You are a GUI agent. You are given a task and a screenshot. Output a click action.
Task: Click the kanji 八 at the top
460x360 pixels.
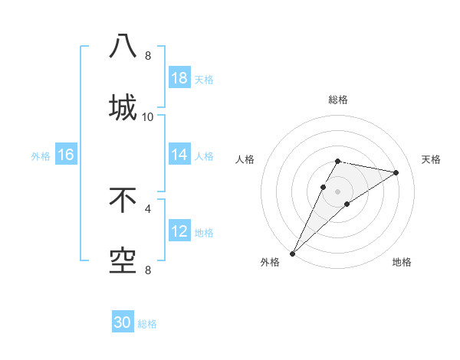(123, 46)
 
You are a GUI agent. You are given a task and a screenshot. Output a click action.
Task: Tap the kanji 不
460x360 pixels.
(123, 200)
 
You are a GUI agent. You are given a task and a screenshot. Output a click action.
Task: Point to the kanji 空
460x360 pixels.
(123, 260)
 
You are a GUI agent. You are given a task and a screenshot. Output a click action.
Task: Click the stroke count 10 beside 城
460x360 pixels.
(148, 117)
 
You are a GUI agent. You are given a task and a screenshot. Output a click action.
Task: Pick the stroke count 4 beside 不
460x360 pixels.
(148, 208)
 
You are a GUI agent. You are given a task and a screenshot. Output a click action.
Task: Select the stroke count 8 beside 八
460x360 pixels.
(148, 56)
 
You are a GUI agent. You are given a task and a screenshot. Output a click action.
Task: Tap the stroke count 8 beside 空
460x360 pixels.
(148, 270)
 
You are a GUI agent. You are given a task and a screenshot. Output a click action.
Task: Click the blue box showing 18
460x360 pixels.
(179, 78)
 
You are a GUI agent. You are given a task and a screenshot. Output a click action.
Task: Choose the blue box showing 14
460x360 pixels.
(179, 155)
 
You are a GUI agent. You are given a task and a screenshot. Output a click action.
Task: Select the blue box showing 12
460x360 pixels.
(179, 231)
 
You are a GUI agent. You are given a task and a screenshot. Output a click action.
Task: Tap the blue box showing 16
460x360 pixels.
(66, 155)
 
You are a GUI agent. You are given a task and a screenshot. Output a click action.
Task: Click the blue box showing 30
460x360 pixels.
(123, 323)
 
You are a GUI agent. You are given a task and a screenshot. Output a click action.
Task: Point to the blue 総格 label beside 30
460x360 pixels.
(147, 324)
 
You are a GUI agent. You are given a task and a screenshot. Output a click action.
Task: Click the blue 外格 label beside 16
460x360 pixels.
(41, 155)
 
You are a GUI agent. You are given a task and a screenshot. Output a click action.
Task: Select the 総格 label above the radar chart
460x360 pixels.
(338, 100)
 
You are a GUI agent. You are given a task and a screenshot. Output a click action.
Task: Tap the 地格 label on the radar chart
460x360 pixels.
(402, 263)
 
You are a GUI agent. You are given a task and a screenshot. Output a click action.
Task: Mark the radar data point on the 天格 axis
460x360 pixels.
(396, 172)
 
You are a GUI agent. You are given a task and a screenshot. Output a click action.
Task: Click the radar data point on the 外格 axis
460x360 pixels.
(292, 254)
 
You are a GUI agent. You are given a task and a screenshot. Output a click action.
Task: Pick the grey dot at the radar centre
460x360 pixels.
(338, 191)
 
